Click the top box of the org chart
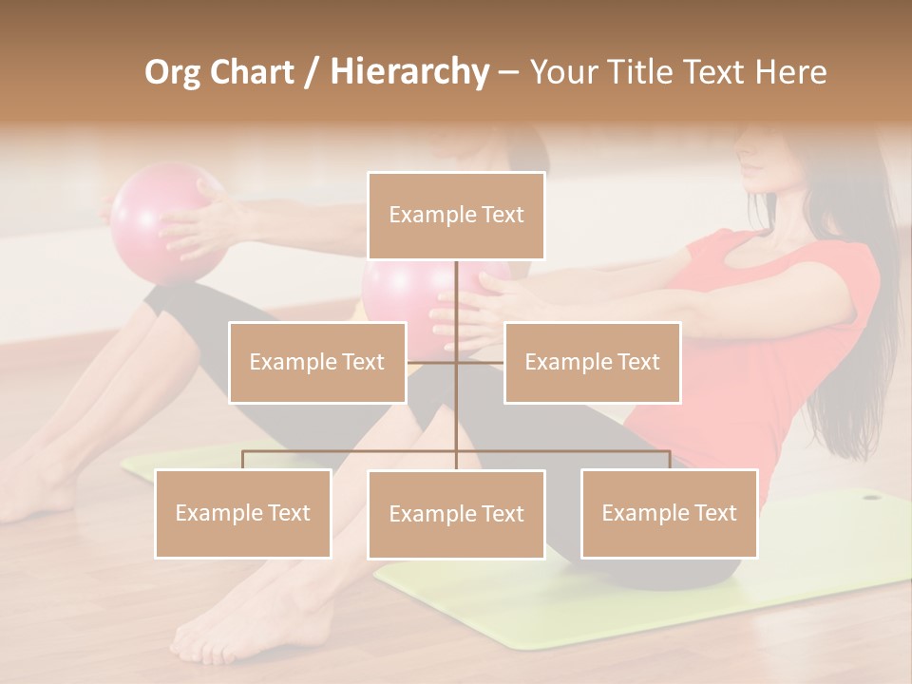click(x=456, y=216)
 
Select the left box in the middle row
click(x=317, y=362)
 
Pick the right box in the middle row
click(x=592, y=362)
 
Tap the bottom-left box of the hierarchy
click(x=243, y=513)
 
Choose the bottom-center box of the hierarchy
click(x=456, y=514)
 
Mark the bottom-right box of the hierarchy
click(x=669, y=513)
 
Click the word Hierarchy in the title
click(x=409, y=71)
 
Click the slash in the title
click(x=310, y=72)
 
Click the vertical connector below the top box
click(x=456, y=304)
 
